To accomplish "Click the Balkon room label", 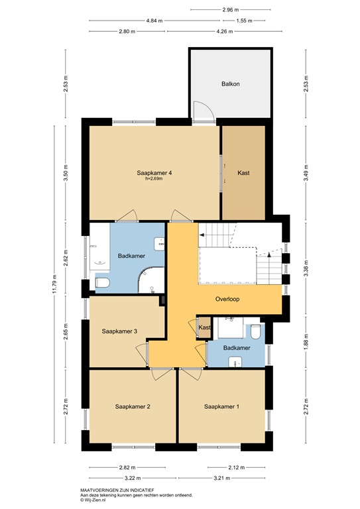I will point(230,84).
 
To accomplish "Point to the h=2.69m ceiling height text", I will point(154,179).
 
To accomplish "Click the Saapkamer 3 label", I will point(119,331).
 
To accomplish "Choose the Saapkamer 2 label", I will point(133,406).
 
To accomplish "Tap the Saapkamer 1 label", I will point(221,406).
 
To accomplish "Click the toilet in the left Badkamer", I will point(102,284).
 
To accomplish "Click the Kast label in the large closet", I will point(243,173).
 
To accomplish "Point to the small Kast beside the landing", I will point(205,328).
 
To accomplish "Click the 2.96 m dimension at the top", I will point(231,10).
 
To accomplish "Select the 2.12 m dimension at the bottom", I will point(231,467).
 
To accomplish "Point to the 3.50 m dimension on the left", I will point(65,174).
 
